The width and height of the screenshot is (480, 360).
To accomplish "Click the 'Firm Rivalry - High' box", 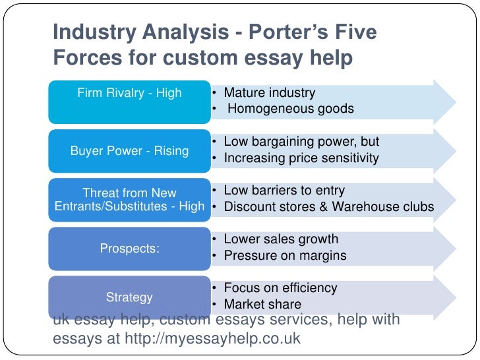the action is tap(129, 94).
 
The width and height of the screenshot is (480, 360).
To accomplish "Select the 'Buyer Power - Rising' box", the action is tap(129, 150).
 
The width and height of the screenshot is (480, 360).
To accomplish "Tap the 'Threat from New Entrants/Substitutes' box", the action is tap(129, 199).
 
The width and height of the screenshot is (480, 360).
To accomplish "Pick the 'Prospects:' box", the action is tap(129, 248).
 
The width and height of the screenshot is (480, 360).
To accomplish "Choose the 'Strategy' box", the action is tap(129, 297).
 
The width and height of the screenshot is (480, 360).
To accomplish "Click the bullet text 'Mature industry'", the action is tap(269, 93).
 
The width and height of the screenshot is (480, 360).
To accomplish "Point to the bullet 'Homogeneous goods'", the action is tap(291, 109).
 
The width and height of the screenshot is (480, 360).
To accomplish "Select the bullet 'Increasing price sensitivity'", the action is tap(301, 158).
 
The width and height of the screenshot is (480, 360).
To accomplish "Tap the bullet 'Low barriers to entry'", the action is tap(284, 191).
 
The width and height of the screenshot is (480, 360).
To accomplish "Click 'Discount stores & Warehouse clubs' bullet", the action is tap(328, 207).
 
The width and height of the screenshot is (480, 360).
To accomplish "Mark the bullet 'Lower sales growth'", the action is tap(281, 239).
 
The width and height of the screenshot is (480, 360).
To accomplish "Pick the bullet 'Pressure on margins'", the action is tap(285, 256).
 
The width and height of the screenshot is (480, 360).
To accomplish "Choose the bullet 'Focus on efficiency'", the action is tap(280, 288).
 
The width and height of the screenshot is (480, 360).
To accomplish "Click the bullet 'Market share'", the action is tap(262, 305).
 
